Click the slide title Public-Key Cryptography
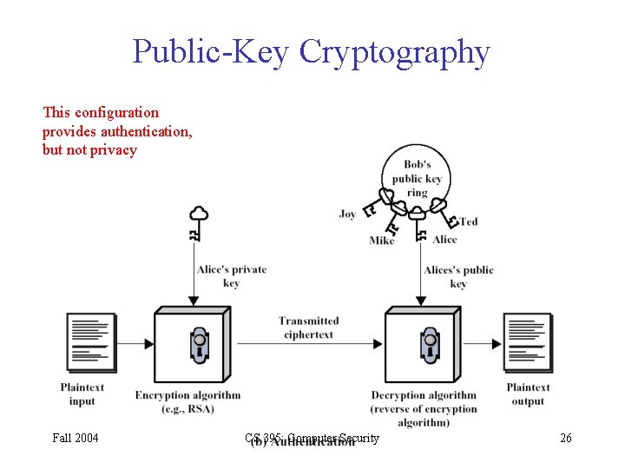tap(311, 52)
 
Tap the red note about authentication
tap(117, 131)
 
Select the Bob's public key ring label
tap(417, 178)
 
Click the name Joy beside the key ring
tap(347, 214)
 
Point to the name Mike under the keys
tap(382, 241)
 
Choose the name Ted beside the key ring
tap(468, 221)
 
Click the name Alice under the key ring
tap(444, 240)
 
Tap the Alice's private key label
tap(231, 276)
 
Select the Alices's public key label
tap(458, 276)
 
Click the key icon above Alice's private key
tap(198, 222)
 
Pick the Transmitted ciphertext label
tap(308, 327)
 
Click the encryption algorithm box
tap(194, 346)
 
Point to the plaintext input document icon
tap(90, 341)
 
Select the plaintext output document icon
tap(528, 341)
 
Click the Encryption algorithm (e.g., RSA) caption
tap(187, 402)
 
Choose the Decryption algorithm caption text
tap(424, 408)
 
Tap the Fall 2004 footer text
tap(76, 438)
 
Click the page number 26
tap(565, 438)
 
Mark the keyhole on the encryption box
tap(200, 345)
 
